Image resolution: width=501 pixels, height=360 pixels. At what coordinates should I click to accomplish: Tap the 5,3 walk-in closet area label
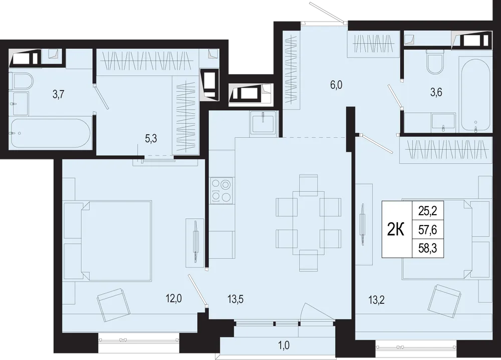pyautogui.click(x=151, y=139)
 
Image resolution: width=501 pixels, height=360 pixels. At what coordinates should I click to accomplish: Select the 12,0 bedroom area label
pyautogui.click(x=174, y=299)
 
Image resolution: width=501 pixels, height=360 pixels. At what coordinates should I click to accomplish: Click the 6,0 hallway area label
pyautogui.click(x=337, y=85)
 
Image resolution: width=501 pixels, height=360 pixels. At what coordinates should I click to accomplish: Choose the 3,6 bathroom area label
pyautogui.click(x=436, y=92)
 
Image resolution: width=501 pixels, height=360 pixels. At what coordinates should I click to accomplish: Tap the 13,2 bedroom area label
pyautogui.click(x=377, y=300)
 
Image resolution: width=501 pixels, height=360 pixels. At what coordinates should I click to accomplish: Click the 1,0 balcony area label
pyautogui.click(x=284, y=345)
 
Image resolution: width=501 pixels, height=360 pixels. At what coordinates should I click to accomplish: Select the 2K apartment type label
pyautogui.click(x=396, y=229)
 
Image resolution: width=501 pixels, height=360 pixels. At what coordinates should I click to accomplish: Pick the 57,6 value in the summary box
pyautogui.click(x=427, y=230)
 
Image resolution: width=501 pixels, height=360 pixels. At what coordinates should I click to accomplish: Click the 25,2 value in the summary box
pyautogui.click(x=427, y=211)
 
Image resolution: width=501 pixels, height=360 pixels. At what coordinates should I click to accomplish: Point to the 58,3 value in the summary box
pyautogui.click(x=427, y=248)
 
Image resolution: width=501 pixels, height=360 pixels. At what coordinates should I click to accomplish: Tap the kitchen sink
pyautogui.click(x=263, y=123)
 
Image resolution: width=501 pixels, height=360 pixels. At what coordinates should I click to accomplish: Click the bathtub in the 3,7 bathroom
pyautogui.click(x=51, y=133)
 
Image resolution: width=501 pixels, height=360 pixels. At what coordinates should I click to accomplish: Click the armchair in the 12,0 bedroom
pyautogui.click(x=113, y=305)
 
